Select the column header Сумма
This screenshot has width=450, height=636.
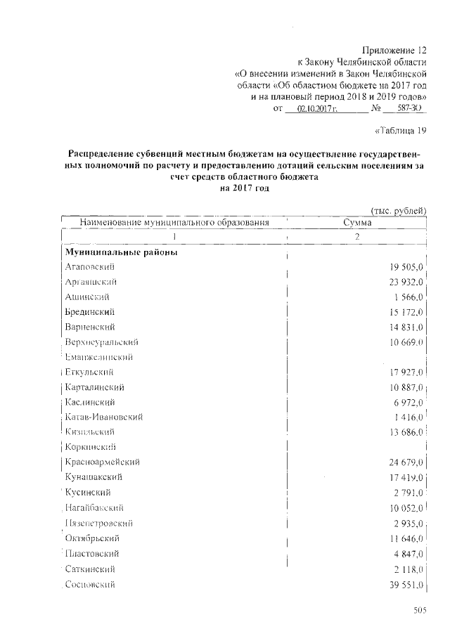click(357, 223)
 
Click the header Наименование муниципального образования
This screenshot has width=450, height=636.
click(175, 223)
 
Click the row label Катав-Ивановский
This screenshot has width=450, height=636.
click(103, 417)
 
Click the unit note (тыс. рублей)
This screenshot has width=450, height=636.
click(398, 210)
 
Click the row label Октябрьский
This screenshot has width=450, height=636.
click(90, 538)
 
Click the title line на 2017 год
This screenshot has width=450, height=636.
click(245, 188)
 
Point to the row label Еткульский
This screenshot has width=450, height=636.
click(89, 372)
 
